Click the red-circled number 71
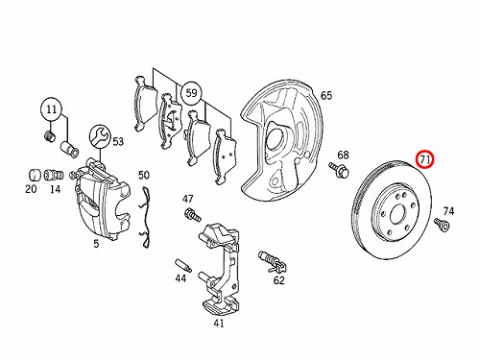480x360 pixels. (x=424, y=159)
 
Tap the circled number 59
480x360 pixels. (x=191, y=93)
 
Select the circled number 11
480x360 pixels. (x=52, y=109)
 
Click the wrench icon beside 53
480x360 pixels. (x=100, y=137)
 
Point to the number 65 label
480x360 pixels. (x=326, y=95)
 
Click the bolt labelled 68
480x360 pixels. (x=339, y=170)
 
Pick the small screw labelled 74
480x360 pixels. (x=442, y=224)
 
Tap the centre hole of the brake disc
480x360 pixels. (x=396, y=213)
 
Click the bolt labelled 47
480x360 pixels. (x=192, y=214)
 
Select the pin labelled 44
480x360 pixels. (x=183, y=265)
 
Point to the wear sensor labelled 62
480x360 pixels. (x=272, y=261)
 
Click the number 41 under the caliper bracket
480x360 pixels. (x=219, y=324)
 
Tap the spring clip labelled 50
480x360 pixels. (x=144, y=218)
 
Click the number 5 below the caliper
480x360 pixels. (x=96, y=244)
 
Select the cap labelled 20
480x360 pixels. (x=34, y=175)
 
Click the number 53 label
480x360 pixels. (x=118, y=141)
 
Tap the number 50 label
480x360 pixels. (x=144, y=175)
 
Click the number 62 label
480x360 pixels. (x=278, y=280)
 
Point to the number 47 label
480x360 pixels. (x=188, y=199)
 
